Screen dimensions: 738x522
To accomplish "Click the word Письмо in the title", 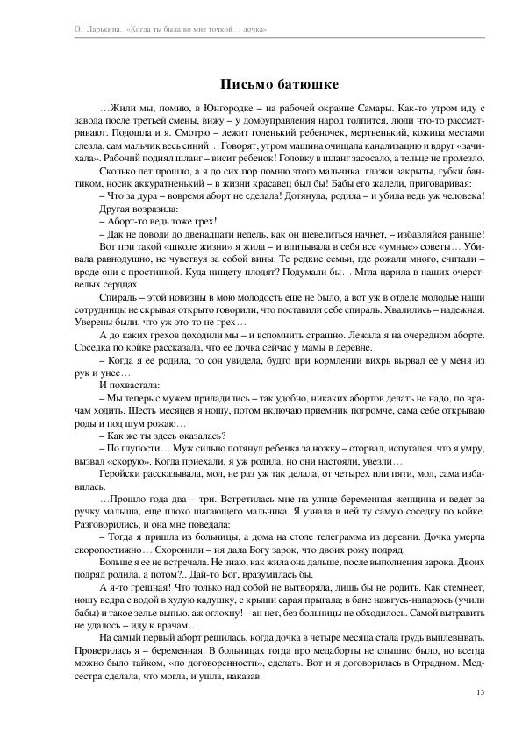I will (240, 84).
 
